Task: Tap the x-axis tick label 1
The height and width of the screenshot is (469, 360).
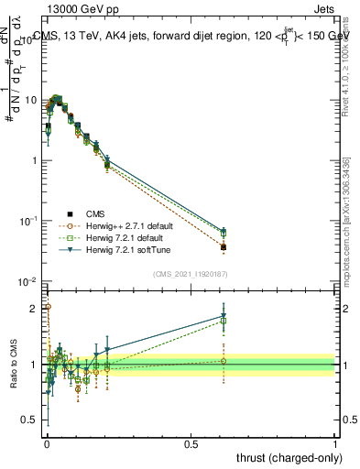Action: pos(335,442)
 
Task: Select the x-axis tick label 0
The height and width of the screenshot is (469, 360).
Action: pos(46,442)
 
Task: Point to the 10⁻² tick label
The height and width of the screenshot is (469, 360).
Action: pos(29,281)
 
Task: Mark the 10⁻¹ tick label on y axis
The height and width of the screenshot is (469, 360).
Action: pos(29,221)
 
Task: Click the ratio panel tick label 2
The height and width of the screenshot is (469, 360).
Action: pos(37,308)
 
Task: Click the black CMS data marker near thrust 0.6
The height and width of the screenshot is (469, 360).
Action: pos(223,247)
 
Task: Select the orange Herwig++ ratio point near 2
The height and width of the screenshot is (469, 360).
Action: pos(48,307)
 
